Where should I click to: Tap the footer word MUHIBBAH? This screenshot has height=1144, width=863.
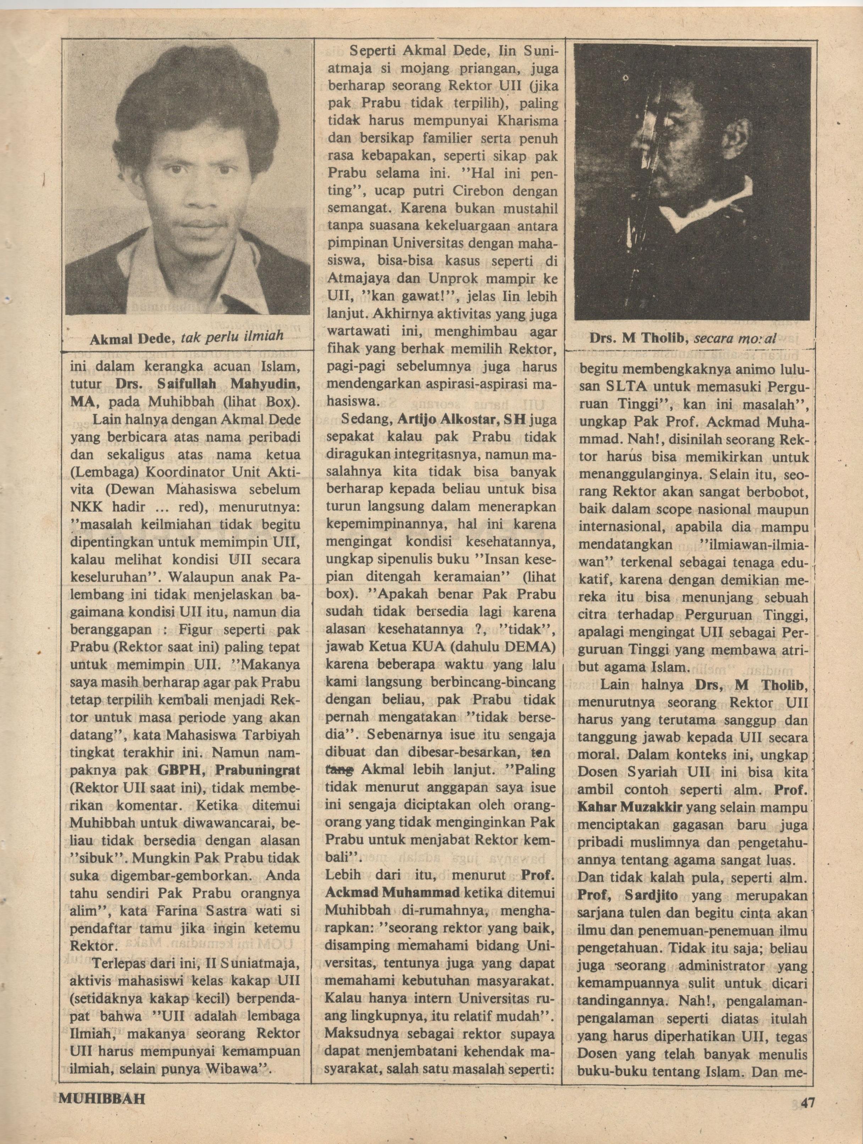[x=102, y=1111]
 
